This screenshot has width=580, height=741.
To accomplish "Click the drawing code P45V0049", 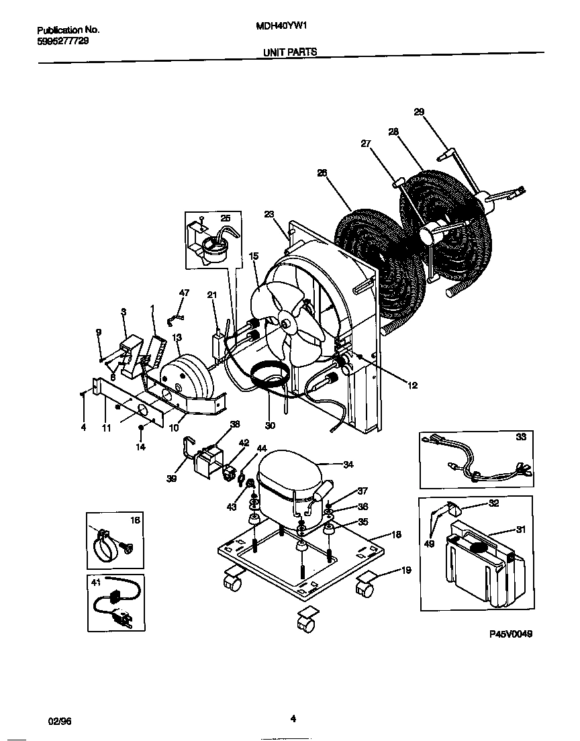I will (510, 634).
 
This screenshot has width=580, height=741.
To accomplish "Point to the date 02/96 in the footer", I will (60, 720).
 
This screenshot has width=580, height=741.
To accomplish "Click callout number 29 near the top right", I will (419, 112).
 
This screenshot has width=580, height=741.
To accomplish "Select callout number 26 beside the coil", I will (322, 173).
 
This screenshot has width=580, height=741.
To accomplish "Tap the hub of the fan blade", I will (287, 324).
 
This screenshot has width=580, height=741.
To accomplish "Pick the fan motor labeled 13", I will (186, 378).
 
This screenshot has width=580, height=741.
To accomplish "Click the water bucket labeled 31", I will (480, 564).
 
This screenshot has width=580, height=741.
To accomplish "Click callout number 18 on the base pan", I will (396, 535).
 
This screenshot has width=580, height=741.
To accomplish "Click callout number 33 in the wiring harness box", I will (520, 437).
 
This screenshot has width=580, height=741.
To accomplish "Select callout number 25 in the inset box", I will (225, 219).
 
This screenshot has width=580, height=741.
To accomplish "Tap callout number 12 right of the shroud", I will (412, 385).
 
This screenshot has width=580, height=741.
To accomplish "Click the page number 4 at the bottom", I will (293, 719).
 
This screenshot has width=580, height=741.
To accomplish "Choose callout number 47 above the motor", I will (184, 293).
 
